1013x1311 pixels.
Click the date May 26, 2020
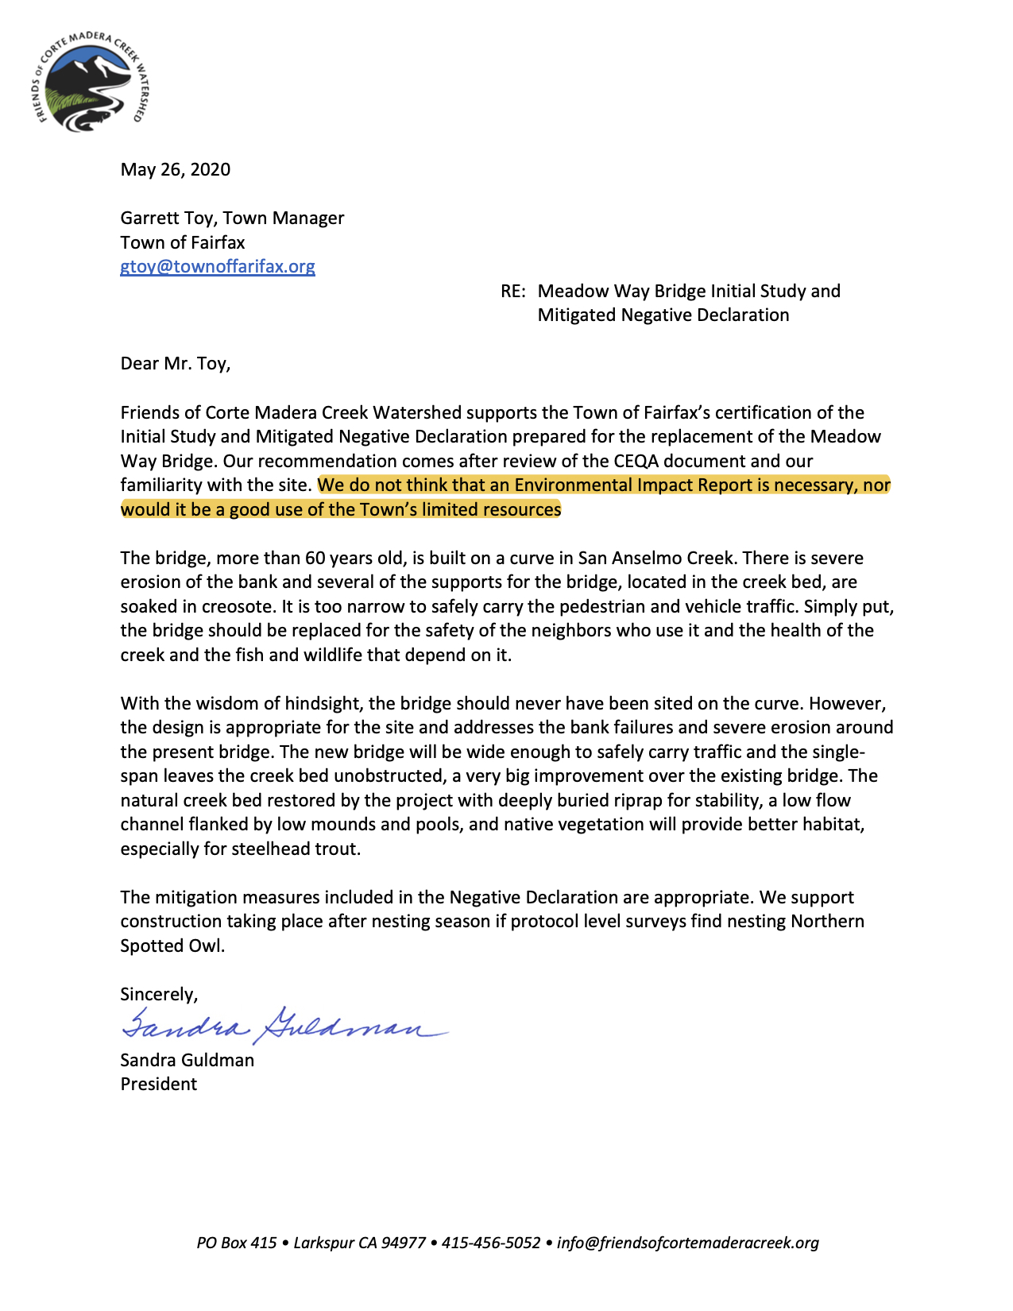(x=176, y=169)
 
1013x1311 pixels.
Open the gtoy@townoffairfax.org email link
(x=218, y=266)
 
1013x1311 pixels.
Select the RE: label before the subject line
(x=513, y=291)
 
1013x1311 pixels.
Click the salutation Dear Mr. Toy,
(x=176, y=363)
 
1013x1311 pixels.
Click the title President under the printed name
(x=159, y=1084)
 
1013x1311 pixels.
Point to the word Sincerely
(x=158, y=994)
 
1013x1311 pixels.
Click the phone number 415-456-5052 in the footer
(x=491, y=1243)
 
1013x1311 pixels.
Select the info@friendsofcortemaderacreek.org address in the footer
(x=688, y=1243)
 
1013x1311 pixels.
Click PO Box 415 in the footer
(x=237, y=1243)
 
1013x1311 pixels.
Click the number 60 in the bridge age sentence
(x=315, y=558)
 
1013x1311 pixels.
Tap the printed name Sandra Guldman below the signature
(x=188, y=1060)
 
